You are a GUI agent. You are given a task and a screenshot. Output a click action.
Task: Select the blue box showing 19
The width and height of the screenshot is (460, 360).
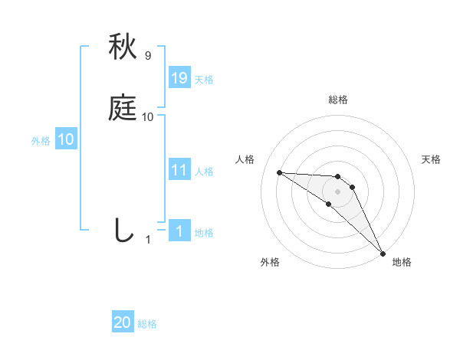point(179,78)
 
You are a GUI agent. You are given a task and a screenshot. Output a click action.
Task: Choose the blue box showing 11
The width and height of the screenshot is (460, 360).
point(179,170)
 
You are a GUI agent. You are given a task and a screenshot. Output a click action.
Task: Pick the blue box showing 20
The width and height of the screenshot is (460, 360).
point(123,323)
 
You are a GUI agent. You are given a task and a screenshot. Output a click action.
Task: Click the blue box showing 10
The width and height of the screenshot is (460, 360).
point(66,139)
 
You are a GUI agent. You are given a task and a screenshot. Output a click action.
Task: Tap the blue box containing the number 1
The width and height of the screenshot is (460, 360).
point(179,231)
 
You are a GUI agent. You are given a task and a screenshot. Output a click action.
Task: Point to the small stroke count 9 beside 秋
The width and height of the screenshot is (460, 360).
point(148,56)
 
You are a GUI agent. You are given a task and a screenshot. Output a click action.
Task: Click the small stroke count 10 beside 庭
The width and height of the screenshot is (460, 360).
point(148,117)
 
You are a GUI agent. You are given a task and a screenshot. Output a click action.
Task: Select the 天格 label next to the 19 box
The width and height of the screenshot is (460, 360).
point(204,80)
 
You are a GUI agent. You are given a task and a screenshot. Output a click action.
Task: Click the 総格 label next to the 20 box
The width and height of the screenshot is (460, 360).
point(147,325)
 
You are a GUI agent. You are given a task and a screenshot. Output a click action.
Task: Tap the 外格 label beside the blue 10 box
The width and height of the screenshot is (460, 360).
point(41,141)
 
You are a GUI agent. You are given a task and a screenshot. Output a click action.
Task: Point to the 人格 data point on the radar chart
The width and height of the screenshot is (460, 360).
point(279,172)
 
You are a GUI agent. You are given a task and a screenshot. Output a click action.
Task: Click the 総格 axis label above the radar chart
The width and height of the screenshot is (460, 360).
point(338,100)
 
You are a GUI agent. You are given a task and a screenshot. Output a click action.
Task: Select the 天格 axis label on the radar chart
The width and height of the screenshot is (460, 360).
point(432,159)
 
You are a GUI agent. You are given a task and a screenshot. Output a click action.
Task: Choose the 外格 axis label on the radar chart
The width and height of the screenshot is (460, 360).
point(270,262)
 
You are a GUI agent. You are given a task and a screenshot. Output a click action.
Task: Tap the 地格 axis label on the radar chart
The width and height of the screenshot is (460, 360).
point(402,262)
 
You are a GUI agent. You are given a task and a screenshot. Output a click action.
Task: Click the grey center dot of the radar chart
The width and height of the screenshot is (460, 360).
point(337,191)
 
